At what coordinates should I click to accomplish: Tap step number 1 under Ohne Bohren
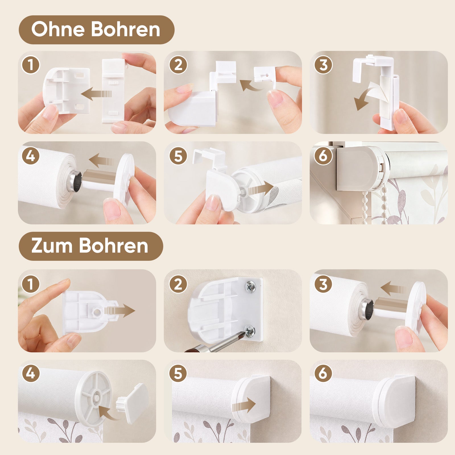[x=31, y=65]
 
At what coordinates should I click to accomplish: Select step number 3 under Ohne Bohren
[x=323, y=65]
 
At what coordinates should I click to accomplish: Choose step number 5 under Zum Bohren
[x=178, y=373]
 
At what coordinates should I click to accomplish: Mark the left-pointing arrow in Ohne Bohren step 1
[x=97, y=94]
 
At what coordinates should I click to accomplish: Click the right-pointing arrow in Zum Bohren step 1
[x=119, y=311]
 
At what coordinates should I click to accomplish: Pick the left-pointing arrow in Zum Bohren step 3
[x=392, y=288]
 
